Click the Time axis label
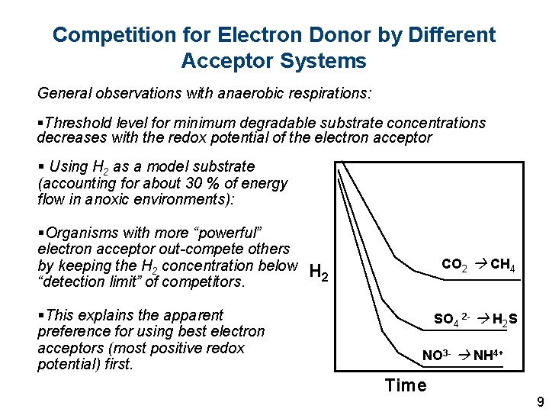point(406,385)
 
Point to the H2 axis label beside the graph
point(319,272)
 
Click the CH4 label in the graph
point(502,266)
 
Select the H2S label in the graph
point(505,319)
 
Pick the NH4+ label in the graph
point(488,356)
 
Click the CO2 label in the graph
point(454,266)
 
